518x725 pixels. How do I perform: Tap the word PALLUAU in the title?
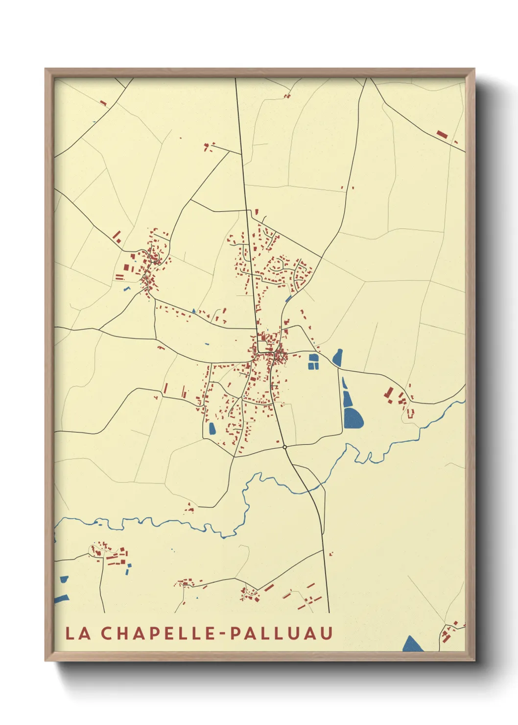pos(281,633)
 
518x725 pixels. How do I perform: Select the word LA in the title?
pos(78,633)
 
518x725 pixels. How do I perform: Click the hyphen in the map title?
pos(222,634)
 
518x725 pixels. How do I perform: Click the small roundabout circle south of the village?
pos(284,447)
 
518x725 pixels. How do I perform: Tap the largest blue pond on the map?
pos(353,418)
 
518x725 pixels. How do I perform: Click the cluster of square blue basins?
pos(313,362)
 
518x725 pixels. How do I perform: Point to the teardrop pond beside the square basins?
pos(338,357)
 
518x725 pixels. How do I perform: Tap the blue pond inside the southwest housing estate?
pos(212,429)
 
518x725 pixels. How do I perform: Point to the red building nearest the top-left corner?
pos(103,103)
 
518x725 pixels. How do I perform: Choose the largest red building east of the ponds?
pos(389,393)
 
